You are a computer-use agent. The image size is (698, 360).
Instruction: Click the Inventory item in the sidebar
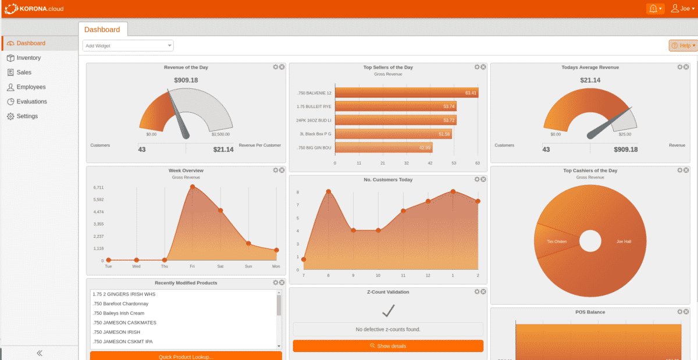pos(29,58)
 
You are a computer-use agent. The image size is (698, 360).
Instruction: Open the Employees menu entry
pos(31,87)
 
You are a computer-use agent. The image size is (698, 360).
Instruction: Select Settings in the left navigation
pos(27,116)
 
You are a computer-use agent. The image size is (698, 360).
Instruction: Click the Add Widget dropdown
pos(128,45)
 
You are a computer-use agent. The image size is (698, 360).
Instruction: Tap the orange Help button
pos(683,45)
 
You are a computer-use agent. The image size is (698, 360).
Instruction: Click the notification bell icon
pos(654,9)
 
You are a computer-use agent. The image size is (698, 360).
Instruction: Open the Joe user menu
pos(682,9)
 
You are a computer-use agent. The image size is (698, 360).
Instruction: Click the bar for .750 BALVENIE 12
pos(407,92)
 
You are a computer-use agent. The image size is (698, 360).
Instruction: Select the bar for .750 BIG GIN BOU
pos(384,148)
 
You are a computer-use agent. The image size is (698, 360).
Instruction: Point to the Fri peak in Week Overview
pos(193,187)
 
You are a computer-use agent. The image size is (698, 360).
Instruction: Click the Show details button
pos(388,346)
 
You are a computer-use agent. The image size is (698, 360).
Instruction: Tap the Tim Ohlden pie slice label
pos(557,241)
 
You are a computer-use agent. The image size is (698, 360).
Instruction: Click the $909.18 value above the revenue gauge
pos(186,80)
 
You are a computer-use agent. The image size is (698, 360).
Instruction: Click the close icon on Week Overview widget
pos(282,170)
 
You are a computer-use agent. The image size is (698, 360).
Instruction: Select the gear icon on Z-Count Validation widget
pos(476,291)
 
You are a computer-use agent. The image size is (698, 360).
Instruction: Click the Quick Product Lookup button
pos(186,356)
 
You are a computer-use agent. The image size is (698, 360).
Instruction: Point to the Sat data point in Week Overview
pos(220,211)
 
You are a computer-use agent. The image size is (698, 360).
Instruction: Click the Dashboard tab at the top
pos(102,30)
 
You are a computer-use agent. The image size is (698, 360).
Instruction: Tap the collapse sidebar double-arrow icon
pos(40,352)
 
